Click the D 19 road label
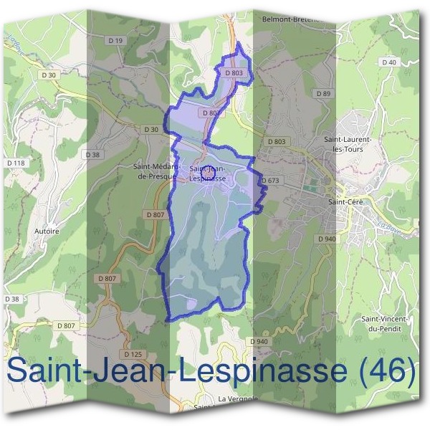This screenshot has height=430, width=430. coord(116,41)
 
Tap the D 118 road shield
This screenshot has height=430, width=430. coord(15,163)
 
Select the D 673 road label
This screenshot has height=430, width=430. coord(269,181)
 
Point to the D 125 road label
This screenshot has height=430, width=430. coord(133,354)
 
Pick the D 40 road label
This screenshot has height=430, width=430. coord(389,62)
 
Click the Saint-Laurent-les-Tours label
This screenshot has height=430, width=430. coord(348,144)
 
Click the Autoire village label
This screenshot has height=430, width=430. coord(47,232)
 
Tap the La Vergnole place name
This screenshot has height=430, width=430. coord(238,398)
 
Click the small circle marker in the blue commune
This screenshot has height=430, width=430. coord(207,173)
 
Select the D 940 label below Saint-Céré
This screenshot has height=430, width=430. coord(326,239)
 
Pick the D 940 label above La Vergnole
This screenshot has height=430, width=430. coord(259,341)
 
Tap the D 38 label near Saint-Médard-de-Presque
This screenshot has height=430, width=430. coord(92,155)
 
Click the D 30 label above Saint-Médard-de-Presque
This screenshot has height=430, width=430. coord(150,129)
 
